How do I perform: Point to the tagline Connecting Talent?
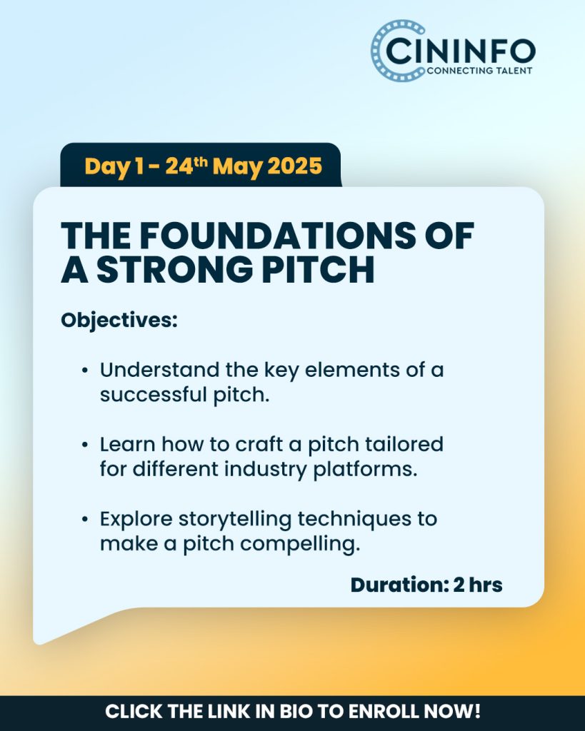point(479,71)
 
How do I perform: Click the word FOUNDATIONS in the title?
point(278,235)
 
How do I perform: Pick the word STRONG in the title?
point(175,269)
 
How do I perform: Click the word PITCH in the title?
point(318,269)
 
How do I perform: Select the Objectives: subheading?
point(119,321)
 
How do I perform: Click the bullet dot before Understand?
point(84,370)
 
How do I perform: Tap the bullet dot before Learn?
point(84,445)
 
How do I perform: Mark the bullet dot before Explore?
point(84,519)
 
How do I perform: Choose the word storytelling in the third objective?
point(235,520)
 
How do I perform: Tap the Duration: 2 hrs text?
point(426,585)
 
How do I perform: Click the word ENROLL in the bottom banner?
point(384,712)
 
